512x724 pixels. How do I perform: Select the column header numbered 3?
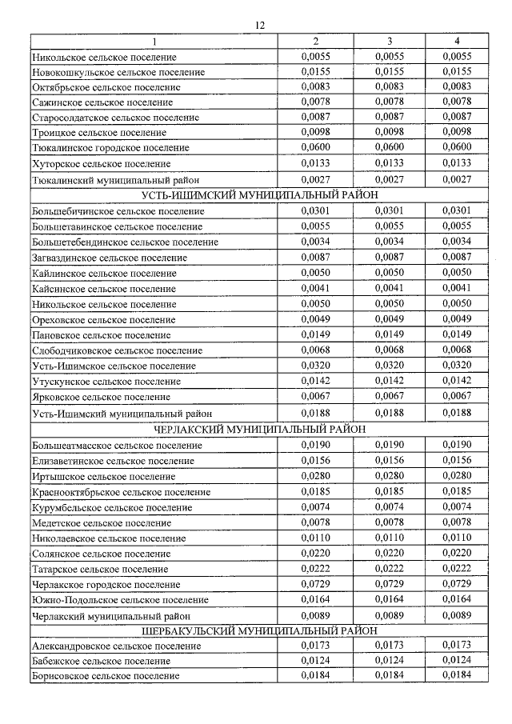coord(389,41)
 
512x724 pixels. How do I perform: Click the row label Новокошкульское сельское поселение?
coord(118,72)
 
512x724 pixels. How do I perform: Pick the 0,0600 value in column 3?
coord(389,147)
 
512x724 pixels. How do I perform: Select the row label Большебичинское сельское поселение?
coord(118,211)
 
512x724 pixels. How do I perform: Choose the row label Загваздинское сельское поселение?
coord(110,258)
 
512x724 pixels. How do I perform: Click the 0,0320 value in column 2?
coord(317,365)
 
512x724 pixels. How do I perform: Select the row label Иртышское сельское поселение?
coord(104,477)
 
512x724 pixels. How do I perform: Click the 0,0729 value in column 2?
coord(317,584)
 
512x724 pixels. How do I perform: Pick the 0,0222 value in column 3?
coord(389,569)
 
